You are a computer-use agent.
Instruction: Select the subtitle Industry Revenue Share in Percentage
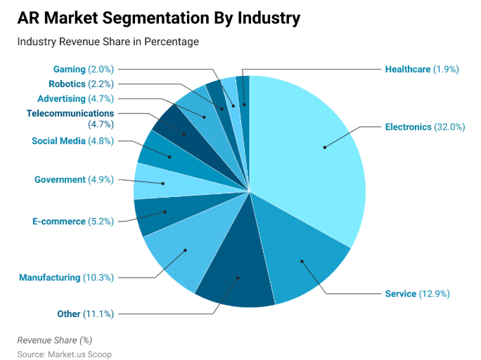click(x=108, y=42)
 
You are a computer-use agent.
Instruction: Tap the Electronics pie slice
click(x=316, y=155)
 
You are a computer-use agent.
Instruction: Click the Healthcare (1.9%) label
click(x=422, y=69)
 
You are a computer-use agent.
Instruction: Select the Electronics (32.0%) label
click(x=425, y=127)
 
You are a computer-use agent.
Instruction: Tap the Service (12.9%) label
click(x=417, y=293)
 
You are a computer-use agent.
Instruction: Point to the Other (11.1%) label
click(x=85, y=314)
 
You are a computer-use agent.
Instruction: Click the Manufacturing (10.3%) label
click(x=66, y=277)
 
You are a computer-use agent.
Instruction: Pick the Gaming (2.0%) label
click(x=83, y=69)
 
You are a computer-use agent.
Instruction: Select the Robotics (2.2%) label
click(x=81, y=84)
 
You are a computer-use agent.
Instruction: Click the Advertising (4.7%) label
click(x=75, y=98)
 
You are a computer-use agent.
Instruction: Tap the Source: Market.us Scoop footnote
click(x=64, y=354)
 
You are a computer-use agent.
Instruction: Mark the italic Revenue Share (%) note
click(x=55, y=340)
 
